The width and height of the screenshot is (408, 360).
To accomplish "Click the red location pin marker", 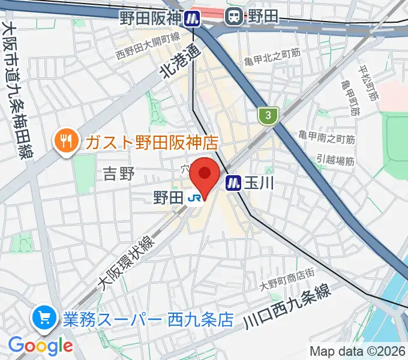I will [x=205, y=175].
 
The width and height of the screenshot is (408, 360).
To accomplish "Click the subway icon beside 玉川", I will [x=233, y=182].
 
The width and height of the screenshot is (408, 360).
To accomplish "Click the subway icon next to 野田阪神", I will [x=193, y=18].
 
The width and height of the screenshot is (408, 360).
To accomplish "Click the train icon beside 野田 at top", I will [x=233, y=17].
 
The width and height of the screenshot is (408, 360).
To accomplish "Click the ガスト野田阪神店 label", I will [x=151, y=142].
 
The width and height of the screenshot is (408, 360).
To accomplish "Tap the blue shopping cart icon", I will [x=43, y=317].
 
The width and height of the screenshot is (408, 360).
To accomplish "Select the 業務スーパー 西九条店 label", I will [x=148, y=318].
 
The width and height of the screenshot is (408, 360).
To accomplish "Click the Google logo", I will [x=40, y=345].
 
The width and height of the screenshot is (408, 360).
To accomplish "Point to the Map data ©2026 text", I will [x=358, y=351].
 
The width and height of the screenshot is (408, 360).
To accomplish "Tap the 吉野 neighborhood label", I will [x=118, y=175].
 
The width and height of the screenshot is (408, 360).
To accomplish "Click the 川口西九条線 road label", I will [x=287, y=307].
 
